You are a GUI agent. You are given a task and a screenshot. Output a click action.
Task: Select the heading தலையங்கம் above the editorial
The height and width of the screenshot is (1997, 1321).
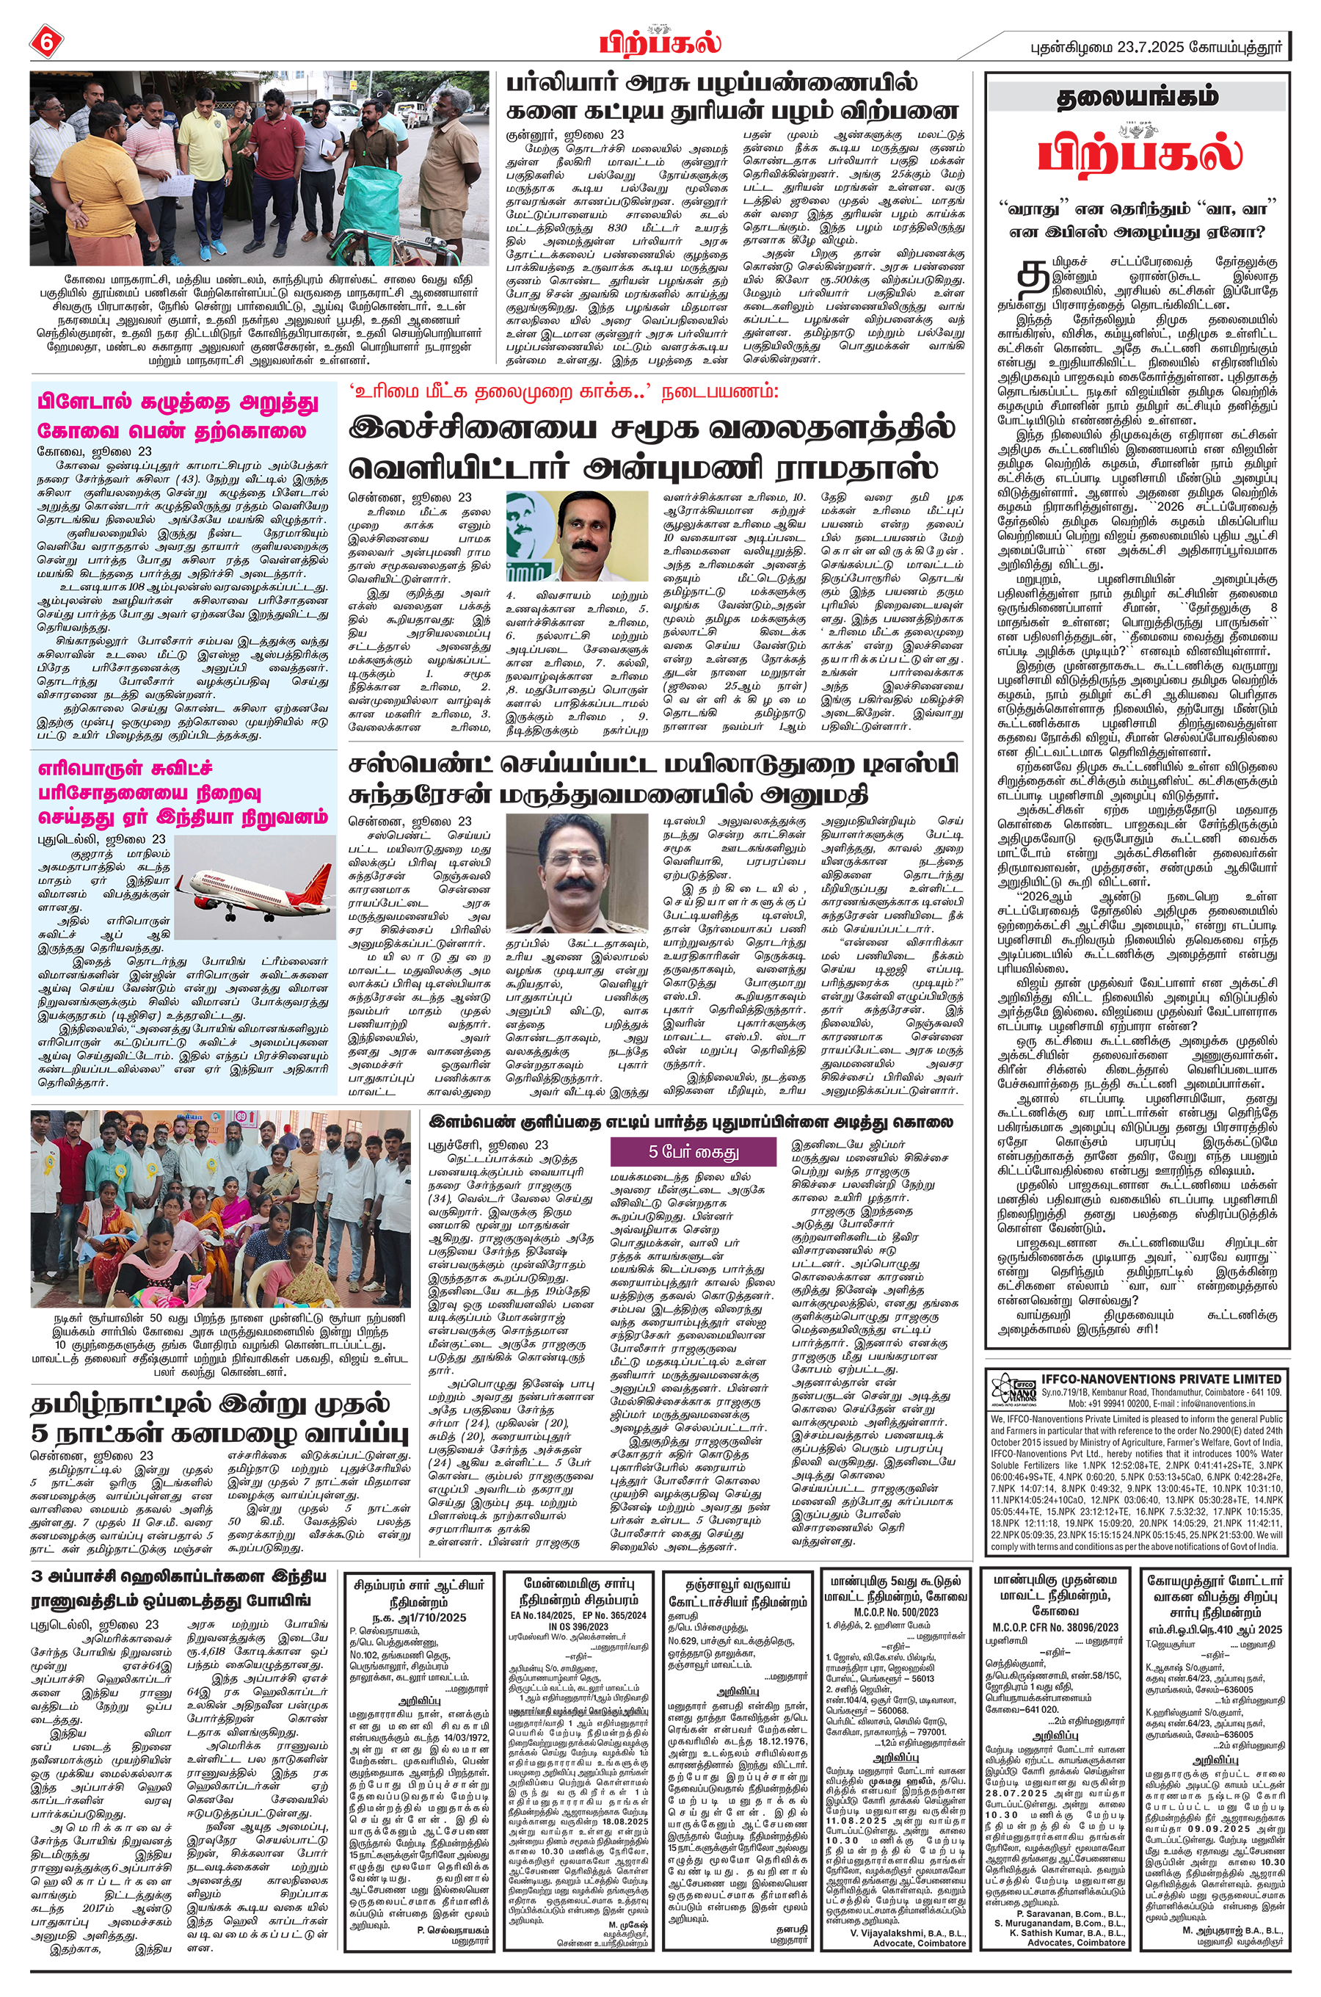(x=1139, y=98)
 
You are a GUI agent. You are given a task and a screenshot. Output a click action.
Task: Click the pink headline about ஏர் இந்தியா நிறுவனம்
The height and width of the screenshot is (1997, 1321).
(x=182, y=792)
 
